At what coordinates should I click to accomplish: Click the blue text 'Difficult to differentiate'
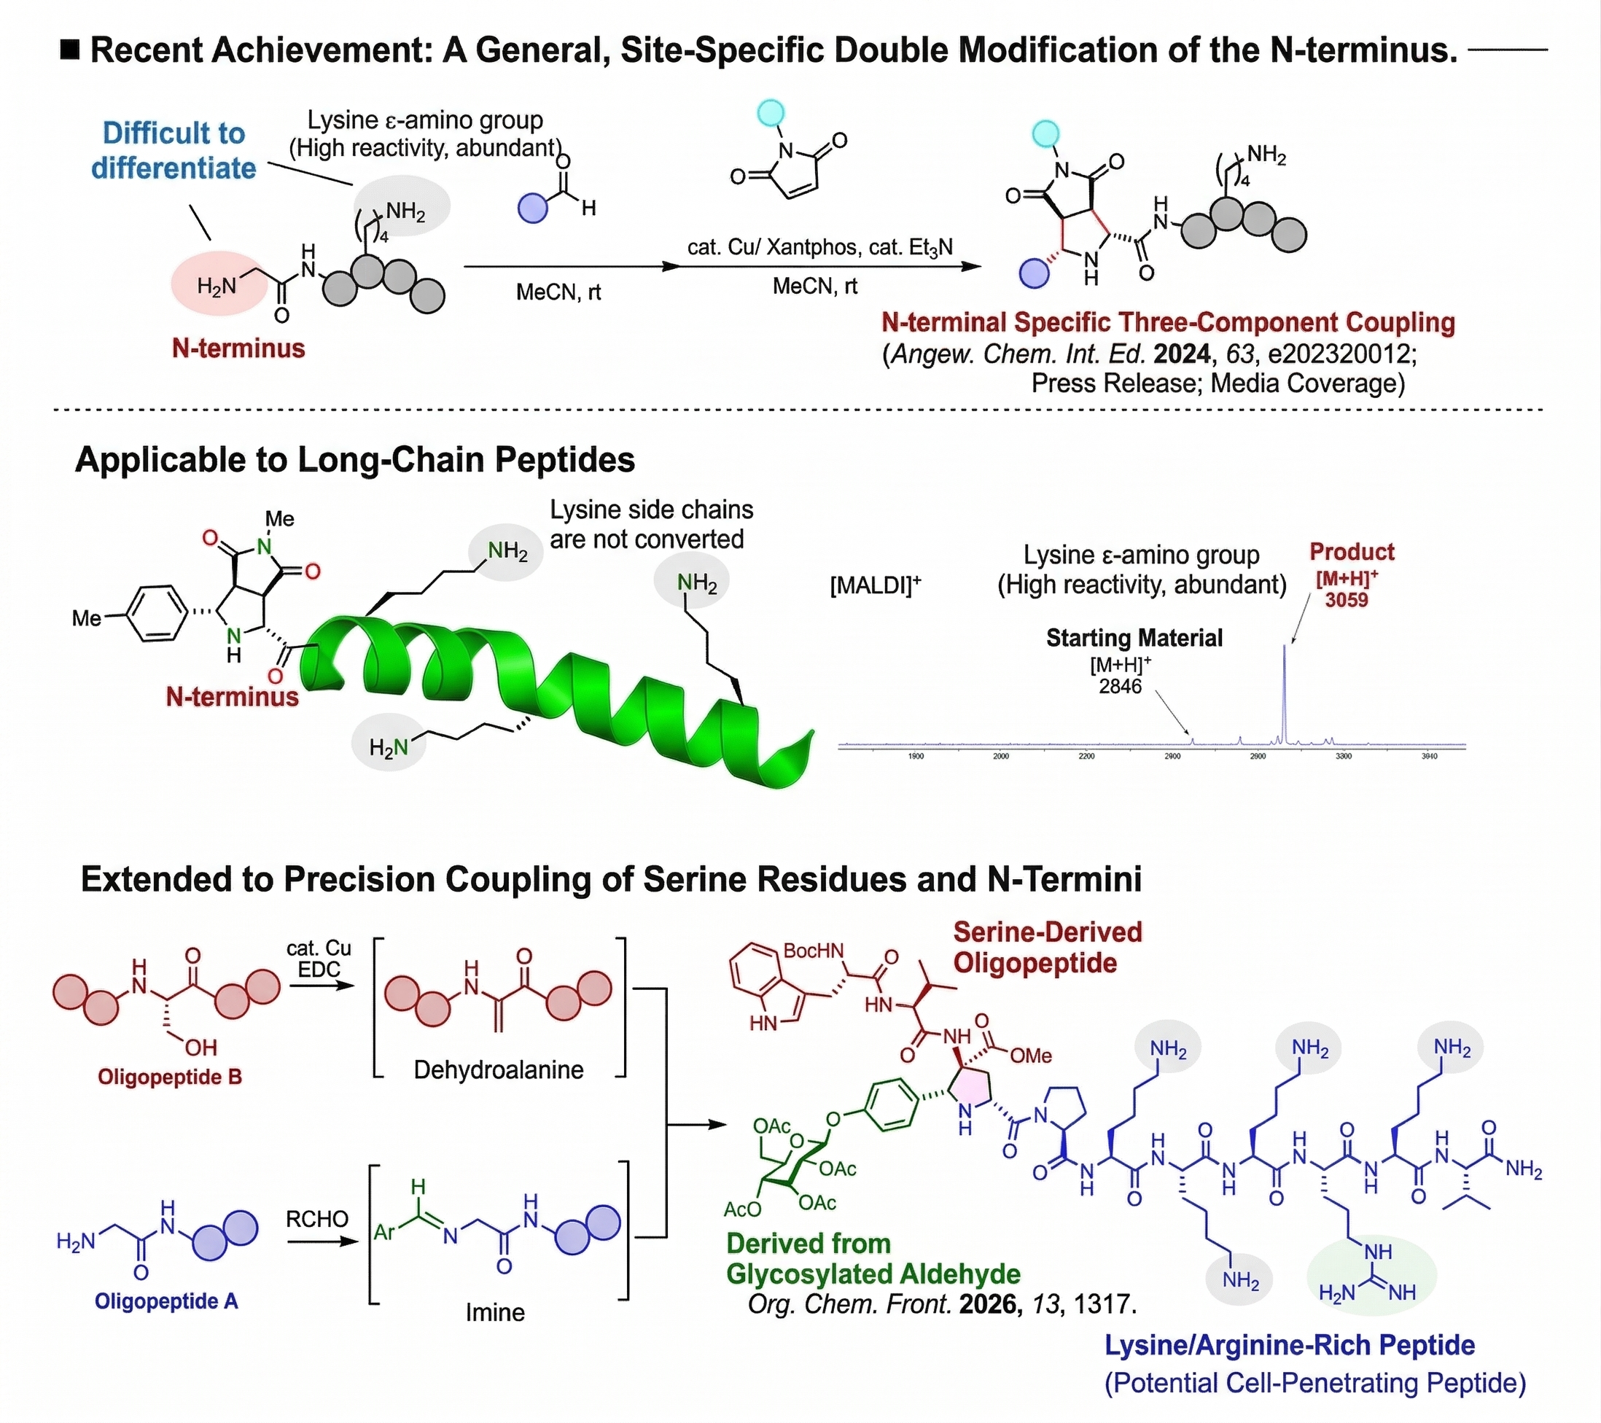click(x=174, y=150)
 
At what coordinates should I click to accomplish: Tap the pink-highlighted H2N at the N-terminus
click(x=217, y=286)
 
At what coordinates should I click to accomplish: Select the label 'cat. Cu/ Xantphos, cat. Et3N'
click(x=820, y=247)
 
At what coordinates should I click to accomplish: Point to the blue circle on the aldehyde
click(x=534, y=208)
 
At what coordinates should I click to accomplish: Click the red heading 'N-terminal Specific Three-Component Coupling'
click(x=1168, y=323)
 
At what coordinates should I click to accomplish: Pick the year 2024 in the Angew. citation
click(x=1182, y=354)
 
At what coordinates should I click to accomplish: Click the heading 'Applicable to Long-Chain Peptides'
click(x=355, y=460)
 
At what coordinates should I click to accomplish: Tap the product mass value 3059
click(x=1347, y=600)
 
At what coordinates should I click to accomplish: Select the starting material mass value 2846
click(x=1120, y=686)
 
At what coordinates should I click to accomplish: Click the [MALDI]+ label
click(x=875, y=585)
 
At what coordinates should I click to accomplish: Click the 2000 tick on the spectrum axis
click(x=1001, y=757)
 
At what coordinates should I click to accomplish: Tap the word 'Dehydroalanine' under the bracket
click(x=498, y=1069)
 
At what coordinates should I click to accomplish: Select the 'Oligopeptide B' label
click(x=170, y=1077)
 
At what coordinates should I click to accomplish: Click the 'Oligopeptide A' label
click(x=166, y=1301)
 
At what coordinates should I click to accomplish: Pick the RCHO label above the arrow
click(x=316, y=1220)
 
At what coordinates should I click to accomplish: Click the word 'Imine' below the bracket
click(x=495, y=1313)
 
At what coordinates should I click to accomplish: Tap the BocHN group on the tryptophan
click(x=814, y=951)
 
